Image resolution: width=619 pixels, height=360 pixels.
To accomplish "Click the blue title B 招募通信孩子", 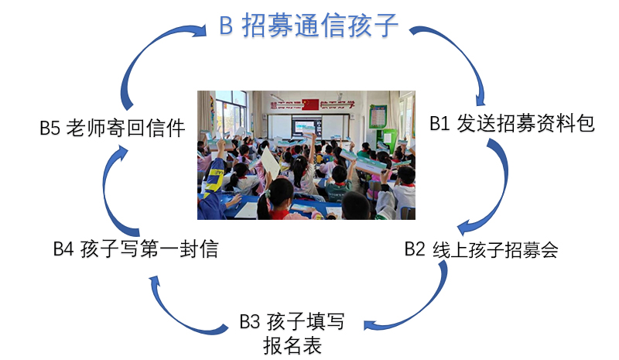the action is coord(308,26).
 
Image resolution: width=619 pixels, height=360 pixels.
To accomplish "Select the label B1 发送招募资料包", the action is coord(512,123).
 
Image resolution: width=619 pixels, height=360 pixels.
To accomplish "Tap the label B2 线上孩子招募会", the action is coord(481,249).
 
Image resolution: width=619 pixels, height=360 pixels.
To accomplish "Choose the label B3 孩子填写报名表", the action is coord(292,334).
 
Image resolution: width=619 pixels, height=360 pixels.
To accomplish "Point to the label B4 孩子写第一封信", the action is coord(136,249).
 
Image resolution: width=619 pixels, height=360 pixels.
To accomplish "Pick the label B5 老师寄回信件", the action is coord(112,128).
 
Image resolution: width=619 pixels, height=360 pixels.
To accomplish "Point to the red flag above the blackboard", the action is coord(310,105).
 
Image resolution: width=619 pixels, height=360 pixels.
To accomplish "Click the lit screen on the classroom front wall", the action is coord(306,126).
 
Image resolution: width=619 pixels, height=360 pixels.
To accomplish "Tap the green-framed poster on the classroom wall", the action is coord(378,117).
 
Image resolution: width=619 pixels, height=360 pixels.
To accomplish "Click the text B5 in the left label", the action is coord(50,129).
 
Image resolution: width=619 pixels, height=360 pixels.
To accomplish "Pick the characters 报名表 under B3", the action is coord(292,345).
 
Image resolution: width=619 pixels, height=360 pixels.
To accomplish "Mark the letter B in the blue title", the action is coord(226,26).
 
